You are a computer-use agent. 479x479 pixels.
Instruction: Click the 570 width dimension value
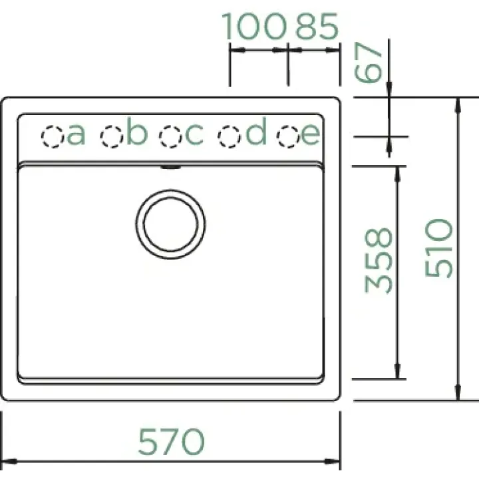[171, 442]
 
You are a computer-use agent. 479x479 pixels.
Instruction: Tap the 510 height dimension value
[439, 248]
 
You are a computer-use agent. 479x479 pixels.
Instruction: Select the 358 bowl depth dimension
[379, 261]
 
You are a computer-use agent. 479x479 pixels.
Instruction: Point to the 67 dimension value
[368, 63]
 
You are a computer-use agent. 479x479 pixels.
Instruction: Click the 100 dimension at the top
[254, 26]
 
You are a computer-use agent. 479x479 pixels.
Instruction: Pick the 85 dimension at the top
[317, 26]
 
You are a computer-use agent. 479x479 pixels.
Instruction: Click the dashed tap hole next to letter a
[53, 136]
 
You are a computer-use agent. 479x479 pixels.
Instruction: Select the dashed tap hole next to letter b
[112, 136]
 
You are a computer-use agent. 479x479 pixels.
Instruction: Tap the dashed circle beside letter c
[170, 136]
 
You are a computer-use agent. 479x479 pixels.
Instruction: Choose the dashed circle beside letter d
[229, 136]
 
